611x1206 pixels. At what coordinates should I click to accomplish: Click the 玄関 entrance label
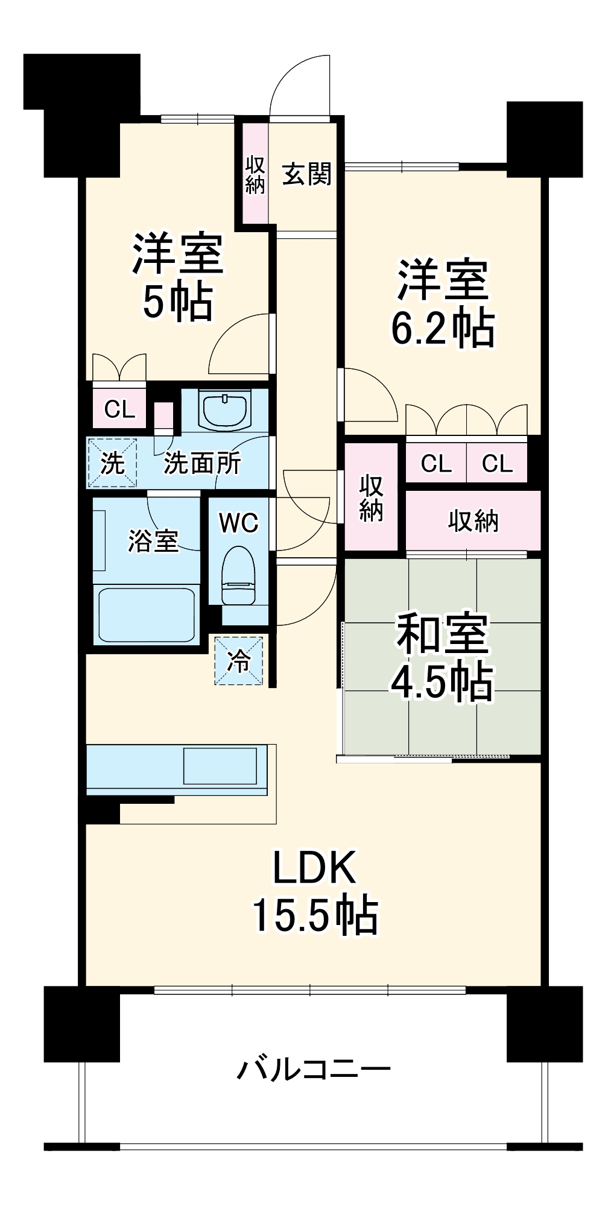307,175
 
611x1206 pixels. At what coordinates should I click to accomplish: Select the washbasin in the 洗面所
224,411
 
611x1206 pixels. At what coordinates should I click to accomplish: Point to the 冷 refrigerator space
239,661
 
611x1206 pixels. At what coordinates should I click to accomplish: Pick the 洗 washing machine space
113,463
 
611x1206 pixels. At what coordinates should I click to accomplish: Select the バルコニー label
314,1070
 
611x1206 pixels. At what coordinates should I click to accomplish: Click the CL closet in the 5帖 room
119,409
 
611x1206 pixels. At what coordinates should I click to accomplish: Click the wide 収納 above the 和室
473,520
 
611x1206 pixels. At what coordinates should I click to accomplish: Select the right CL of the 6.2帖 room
497,463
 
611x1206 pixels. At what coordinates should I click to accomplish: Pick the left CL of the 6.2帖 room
436,463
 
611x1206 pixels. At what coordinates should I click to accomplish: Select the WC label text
239,523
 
